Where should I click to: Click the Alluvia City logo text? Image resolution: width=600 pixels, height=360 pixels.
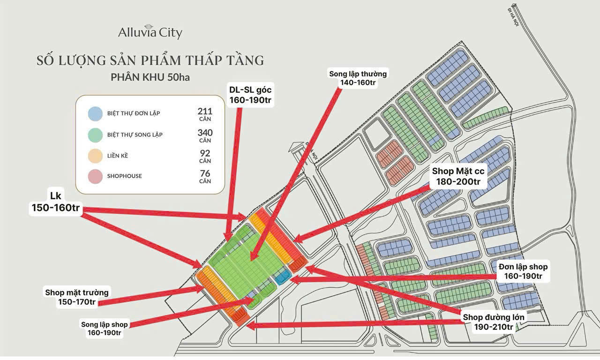point(150,33)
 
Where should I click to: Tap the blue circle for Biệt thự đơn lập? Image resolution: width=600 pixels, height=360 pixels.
point(95,113)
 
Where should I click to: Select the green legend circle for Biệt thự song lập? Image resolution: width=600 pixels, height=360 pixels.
point(95,135)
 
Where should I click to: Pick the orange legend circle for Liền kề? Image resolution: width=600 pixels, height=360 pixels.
point(95,156)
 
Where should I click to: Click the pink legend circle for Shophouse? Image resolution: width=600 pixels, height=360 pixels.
point(95,176)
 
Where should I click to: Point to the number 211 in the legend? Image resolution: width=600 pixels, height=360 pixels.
point(205,112)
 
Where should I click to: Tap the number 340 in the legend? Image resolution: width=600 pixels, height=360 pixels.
point(205,133)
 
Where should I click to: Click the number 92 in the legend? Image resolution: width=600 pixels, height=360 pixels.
point(205,153)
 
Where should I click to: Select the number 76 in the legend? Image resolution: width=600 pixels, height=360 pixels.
point(205,174)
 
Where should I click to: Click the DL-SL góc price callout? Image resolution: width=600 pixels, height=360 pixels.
point(251,95)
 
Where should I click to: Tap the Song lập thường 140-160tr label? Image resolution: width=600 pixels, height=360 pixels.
point(358,78)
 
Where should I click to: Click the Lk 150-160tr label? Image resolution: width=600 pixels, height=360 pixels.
point(55,203)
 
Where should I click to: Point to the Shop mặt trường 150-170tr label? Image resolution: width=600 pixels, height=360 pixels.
point(77,297)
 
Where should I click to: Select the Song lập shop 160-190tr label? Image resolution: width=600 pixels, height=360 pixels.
point(104,328)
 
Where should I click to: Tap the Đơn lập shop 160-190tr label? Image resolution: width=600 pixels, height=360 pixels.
point(523,271)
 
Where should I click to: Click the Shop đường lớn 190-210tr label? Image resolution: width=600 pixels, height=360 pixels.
point(494,322)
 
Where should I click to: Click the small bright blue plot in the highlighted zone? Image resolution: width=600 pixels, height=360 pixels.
point(283,277)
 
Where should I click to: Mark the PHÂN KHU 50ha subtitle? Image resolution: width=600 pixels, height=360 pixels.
point(150,77)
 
